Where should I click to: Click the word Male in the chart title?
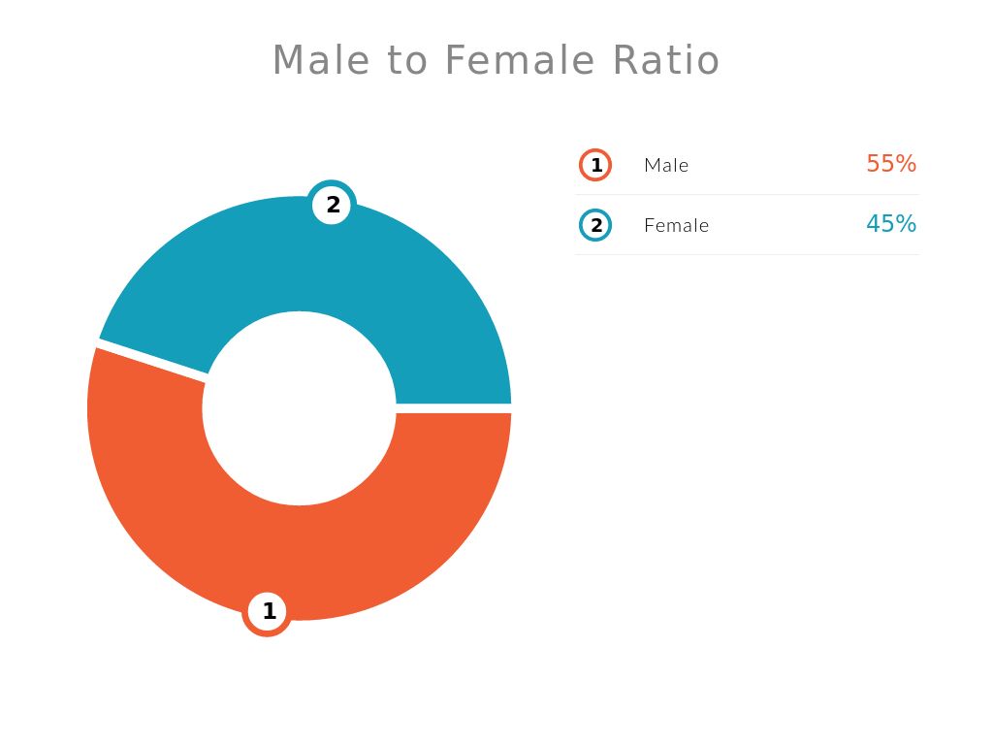click(320, 60)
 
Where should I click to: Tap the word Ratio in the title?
click(665, 60)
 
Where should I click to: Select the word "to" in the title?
click(406, 61)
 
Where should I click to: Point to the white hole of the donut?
click(299, 408)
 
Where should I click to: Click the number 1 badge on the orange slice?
click(268, 612)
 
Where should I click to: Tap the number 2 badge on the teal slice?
click(333, 205)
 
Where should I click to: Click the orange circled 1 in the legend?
click(595, 165)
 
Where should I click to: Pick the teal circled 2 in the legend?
click(595, 225)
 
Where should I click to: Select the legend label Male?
click(666, 165)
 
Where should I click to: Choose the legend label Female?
click(676, 225)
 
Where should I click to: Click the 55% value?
click(891, 164)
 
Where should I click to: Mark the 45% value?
click(891, 224)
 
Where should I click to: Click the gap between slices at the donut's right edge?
click(454, 408)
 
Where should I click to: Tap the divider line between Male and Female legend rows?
click(747, 194)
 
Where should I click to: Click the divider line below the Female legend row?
click(747, 254)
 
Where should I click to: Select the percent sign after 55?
click(906, 164)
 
